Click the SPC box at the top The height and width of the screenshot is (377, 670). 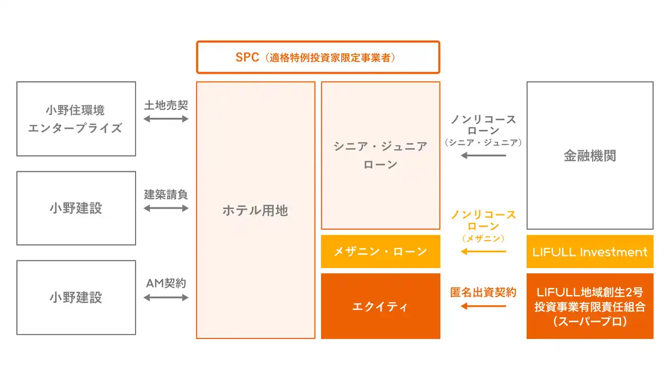(x=318, y=58)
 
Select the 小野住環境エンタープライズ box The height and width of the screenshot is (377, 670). (x=76, y=119)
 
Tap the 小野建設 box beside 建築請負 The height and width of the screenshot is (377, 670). (x=76, y=208)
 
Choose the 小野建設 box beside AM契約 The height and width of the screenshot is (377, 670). (x=76, y=297)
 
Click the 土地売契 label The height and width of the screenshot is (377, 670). (x=166, y=105)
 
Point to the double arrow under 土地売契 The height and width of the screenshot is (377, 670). (x=166, y=119)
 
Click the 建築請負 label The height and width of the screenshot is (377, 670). (x=166, y=195)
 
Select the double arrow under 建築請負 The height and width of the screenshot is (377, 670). (x=166, y=208)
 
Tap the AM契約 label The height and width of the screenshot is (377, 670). (x=166, y=283)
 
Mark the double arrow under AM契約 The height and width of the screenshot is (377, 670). (x=166, y=297)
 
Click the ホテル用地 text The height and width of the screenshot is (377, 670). (x=255, y=210)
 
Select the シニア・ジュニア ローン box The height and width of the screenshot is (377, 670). (x=381, y=156)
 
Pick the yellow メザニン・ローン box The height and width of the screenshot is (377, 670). (x=381, y=252)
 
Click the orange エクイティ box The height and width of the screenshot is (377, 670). (x=381, y=306)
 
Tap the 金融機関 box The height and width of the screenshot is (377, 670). (x=590, y=156)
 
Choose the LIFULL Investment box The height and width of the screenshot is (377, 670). (x=590, y=252)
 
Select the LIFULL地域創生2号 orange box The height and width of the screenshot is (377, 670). (x=590, y=306)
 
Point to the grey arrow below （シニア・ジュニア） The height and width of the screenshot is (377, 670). (x=484, y=156)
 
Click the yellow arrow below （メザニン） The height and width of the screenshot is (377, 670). (x=484, y=252)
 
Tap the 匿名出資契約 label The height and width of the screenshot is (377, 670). (x=484, y=292)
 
